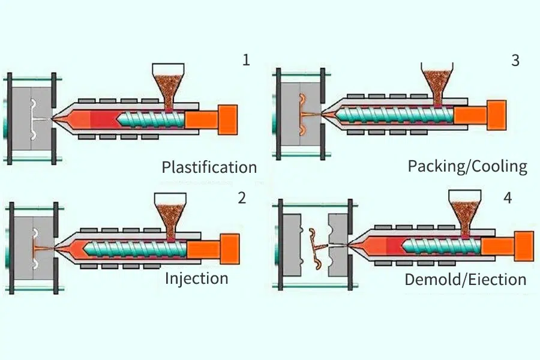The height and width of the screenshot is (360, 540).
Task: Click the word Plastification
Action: [x=209, y=167]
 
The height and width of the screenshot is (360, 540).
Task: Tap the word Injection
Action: [x=196, y=278]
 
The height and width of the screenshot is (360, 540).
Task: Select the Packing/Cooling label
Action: [x=467, y=166]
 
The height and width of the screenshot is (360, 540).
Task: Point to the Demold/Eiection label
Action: [x=465, y=279]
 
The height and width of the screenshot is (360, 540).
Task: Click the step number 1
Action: [x=245, y=60]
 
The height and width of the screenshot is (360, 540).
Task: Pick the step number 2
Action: [x=242, y=198]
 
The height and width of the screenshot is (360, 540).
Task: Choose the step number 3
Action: [x=515, y=60]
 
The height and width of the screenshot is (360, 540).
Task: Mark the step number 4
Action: [x=508, y=198]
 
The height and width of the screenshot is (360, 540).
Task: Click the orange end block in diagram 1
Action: [x=227, y=118]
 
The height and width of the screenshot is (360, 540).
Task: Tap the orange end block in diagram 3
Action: [x=496, y=113]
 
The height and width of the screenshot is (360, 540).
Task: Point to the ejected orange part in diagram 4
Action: [x=316, y=246]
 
